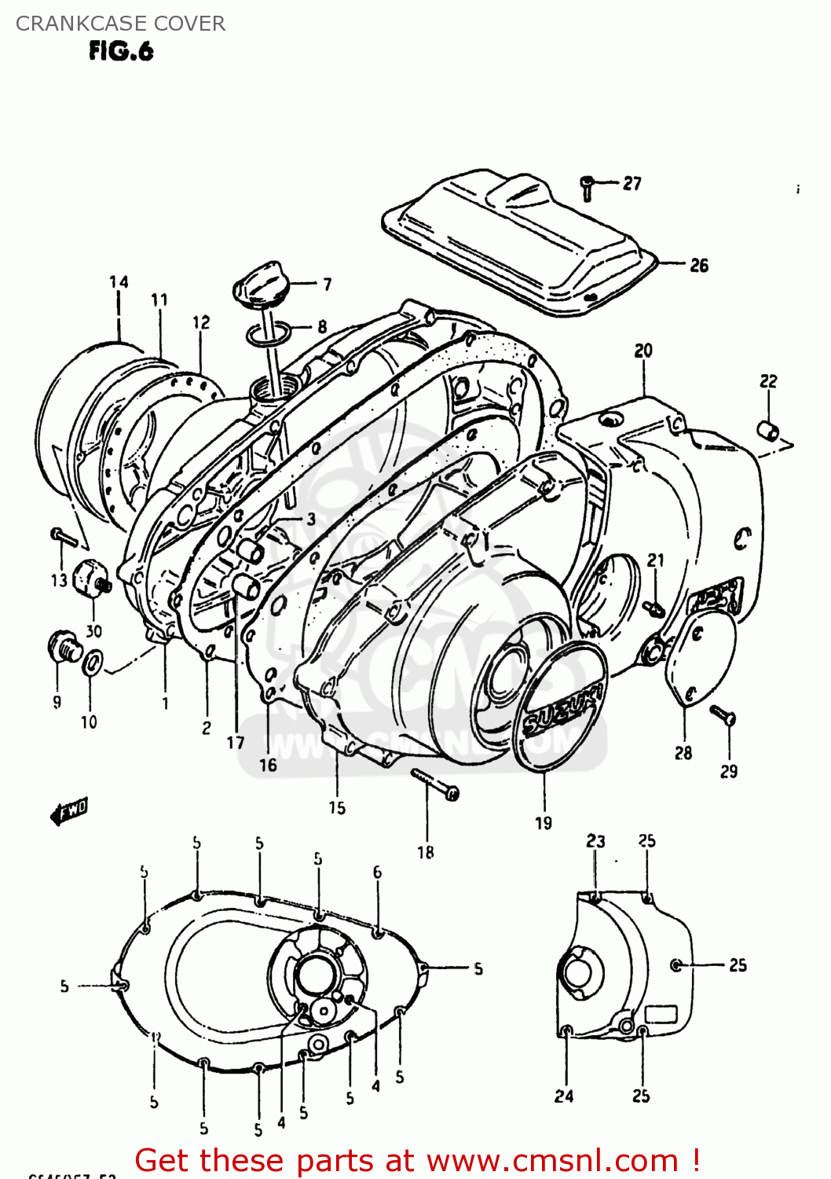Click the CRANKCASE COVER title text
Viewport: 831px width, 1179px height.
(x=120, y=24)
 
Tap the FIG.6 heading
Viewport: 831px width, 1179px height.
(x=120, y=52)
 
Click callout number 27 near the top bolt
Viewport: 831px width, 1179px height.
(x=632, y=183)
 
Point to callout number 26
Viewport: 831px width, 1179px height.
(x=698, y=266)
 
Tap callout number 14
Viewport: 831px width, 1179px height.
(x=119, y=282)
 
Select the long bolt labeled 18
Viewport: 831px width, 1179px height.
(x=434, y=784)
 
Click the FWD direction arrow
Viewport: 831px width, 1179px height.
(x=69, y=810)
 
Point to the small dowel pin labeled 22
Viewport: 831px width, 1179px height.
(x=767, y=430)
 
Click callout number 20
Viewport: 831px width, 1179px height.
(x=643, y=351)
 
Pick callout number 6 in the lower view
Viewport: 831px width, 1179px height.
(x=378, y=872)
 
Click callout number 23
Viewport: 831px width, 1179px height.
(x=595, y=841)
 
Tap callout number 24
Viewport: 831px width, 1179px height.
(x=564, y=1096)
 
